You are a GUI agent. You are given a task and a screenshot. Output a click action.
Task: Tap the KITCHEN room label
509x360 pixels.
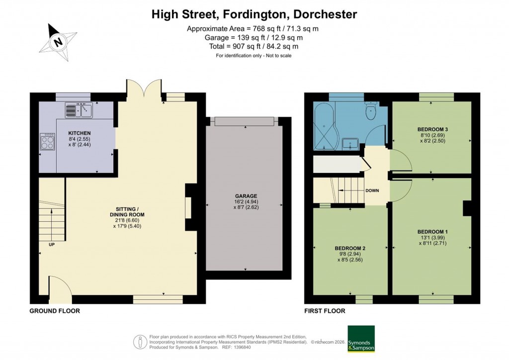(80, 133)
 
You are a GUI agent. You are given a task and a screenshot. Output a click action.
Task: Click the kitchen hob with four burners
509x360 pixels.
(48, 142)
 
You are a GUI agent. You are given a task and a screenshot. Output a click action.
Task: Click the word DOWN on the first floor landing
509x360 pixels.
(372, 190)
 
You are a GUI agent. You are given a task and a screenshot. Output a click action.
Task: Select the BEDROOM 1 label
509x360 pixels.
(432, 232)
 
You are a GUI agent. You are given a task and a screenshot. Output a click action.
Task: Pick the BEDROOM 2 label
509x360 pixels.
(350, 248)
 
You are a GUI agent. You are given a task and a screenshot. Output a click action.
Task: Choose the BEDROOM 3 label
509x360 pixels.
(432, 130)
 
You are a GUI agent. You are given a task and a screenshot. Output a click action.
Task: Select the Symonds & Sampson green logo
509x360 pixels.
(361, 339)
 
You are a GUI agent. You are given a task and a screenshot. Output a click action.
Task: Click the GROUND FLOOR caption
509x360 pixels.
(55, 311)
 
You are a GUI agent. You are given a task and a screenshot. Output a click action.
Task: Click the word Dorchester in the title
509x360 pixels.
(326, 14)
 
